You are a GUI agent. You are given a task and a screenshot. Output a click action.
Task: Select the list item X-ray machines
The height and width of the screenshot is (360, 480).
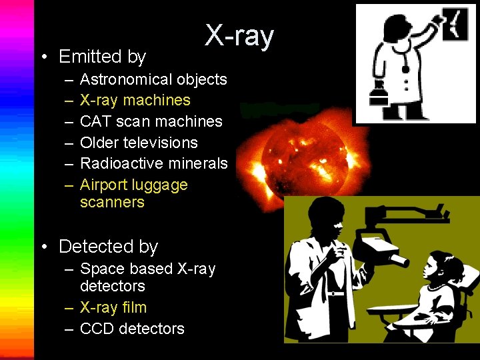point(135,100)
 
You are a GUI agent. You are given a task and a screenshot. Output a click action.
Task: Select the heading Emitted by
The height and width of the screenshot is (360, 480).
point(102,57)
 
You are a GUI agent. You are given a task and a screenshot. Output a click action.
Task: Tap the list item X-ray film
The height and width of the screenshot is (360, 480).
point(113,307)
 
